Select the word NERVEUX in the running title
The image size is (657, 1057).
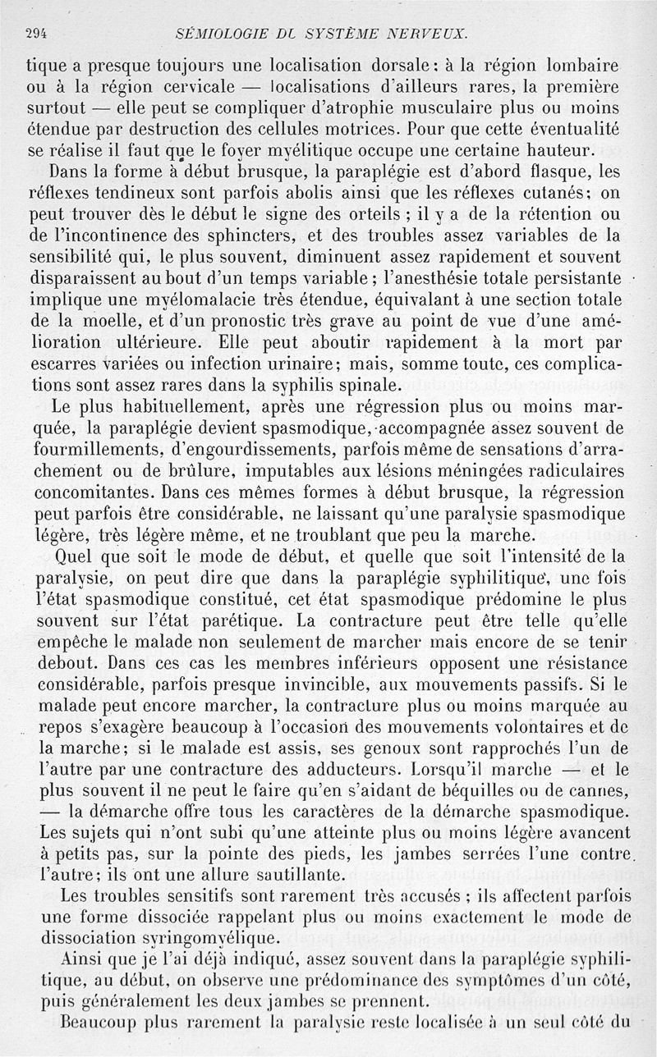[x=428, y=34]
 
